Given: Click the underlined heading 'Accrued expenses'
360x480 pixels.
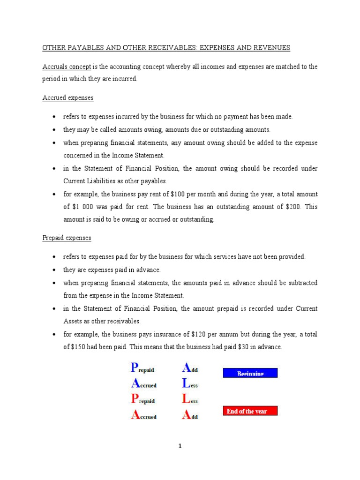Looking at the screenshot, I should (68, 98).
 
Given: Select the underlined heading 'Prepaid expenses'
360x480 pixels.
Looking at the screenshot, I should (67, 238).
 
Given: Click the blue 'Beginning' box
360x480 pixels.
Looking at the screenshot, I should (249, 373).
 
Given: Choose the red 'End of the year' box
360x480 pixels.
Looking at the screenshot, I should (249, 411).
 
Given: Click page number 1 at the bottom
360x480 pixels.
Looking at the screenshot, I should (180, 446).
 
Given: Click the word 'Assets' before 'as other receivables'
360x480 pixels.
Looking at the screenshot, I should (74, 322).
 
